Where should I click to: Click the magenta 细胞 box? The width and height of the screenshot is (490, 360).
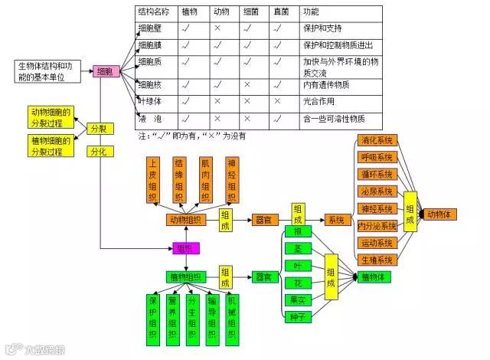coord(106,71)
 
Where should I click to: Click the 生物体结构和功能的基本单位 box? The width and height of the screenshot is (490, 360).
coord(48,70)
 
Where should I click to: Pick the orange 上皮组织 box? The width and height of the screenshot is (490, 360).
coord(154,179)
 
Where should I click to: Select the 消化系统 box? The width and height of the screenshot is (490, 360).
coord(377,140)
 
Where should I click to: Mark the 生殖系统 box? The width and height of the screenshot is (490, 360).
coord(377,260)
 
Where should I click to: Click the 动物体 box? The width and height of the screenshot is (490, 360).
coord(441,214)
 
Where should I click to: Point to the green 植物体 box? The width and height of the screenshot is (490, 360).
coord(377,277)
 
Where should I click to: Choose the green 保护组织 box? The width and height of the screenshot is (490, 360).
coord(154,316)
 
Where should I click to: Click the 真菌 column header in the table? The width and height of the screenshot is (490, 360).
coord(282,12)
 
